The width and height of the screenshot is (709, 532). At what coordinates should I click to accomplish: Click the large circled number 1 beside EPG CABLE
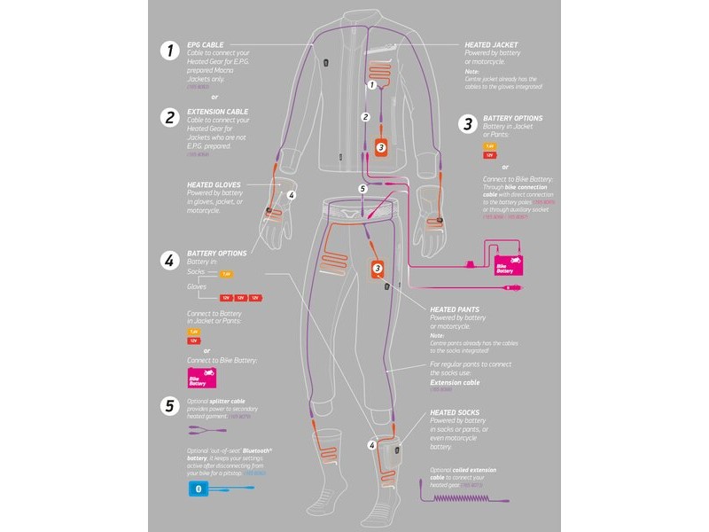click(168, 51)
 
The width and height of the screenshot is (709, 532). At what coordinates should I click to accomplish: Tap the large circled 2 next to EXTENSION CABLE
click(168, 117)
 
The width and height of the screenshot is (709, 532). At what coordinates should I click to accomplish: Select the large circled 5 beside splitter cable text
click(168, 406)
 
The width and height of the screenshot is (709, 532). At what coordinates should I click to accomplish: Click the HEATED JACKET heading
click(491, 43)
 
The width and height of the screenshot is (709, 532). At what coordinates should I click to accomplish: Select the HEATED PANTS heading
click(456, 307)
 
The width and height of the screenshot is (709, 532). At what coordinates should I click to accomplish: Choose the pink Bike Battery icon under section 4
click(202, 379)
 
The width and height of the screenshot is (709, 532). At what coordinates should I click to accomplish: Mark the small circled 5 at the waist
click(362, 189)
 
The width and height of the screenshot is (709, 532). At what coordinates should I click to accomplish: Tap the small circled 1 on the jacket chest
click(373, 85)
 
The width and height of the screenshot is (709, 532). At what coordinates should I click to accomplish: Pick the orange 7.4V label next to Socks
click(225, 274)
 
